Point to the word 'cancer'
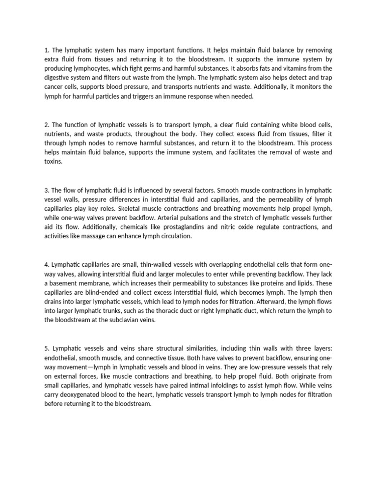pyautogui.click(x=54, y=87)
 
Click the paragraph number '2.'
pyautogui.click(x=47, y=125)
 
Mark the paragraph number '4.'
pyautogui.click(x=47, y=265)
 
